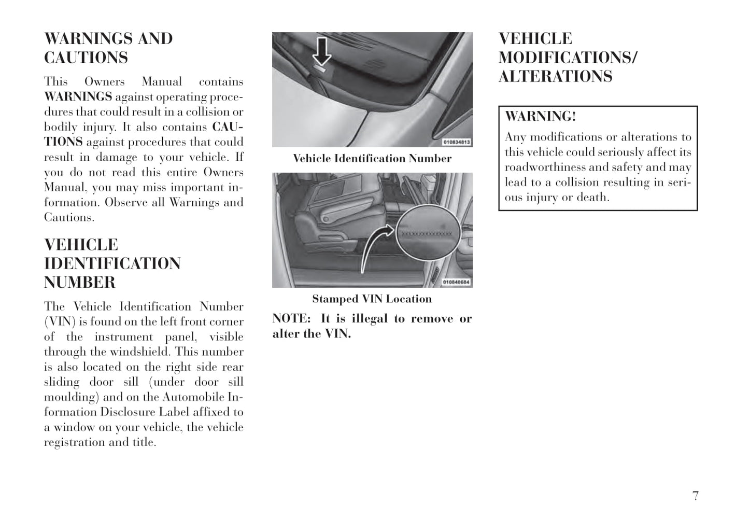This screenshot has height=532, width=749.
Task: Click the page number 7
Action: (695, 496)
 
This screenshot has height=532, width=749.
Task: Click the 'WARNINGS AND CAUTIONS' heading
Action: (108, 48)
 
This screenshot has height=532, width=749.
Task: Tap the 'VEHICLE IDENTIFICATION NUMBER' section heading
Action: (112, 263)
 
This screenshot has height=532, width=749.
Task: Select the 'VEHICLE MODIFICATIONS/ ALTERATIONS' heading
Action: (568, 57)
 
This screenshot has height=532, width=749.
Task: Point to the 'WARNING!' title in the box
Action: (540, 116)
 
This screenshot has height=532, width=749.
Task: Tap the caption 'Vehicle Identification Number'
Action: (372, 159)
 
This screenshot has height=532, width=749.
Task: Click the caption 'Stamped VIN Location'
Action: (372, 299)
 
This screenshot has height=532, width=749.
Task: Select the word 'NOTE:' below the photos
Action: (291, 319)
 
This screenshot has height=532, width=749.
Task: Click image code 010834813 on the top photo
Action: (456, 142)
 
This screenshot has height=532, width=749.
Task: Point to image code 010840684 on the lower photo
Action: (456, 282)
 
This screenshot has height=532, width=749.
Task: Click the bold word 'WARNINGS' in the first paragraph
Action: (78, 97)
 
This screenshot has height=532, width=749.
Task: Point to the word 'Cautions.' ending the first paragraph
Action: (69, 218)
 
